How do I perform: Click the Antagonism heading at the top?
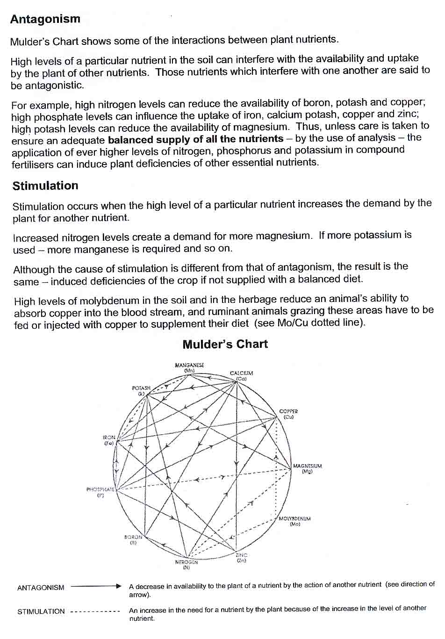pos(45,19)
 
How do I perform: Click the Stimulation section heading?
pos(45,186)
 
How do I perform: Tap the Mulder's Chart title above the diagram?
pos(225,345)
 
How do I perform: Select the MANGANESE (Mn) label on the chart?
pos(189,367)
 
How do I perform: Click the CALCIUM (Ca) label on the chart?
pos(241,375)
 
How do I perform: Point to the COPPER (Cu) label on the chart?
pos(288,414)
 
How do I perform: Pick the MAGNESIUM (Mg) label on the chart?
pos(307,468)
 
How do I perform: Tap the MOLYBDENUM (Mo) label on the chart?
pos(294,521)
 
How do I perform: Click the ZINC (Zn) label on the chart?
pos(241,558)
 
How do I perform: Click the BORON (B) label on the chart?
pos(133,540)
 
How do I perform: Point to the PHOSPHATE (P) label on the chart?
pos(100,492)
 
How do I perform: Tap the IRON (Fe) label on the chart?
pos(109,440)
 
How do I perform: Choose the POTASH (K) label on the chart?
pos(141,390)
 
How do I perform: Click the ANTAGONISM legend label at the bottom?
pos(41,588)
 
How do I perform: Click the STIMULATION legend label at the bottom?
pos(41,611)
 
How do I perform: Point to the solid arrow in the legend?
pos(96,586)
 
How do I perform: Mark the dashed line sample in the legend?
pos(96,611)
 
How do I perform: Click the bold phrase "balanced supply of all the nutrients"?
pos(195,139)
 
